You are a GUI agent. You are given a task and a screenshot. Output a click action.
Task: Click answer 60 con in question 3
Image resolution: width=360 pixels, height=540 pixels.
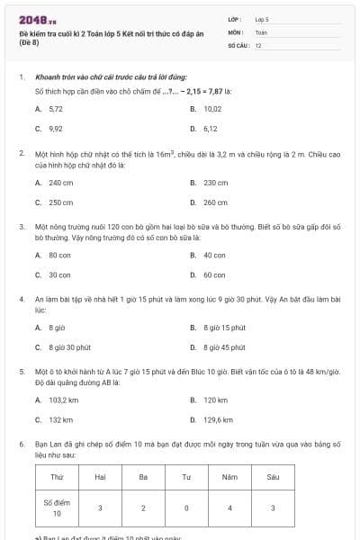(x=213, y=274)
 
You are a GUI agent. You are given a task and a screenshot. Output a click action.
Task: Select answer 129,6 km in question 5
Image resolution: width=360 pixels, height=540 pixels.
(x=217, y=418)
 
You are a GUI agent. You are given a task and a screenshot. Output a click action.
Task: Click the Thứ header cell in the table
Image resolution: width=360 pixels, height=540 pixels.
(x=57, y=476)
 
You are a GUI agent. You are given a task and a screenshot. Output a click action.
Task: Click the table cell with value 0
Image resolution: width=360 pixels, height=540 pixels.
(x=185, y=508)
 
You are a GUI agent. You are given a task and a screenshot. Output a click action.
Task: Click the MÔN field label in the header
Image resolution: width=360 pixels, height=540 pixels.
(x=237, y=31)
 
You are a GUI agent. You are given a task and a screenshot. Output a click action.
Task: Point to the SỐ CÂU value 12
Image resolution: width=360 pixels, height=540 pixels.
(x=258, y=44)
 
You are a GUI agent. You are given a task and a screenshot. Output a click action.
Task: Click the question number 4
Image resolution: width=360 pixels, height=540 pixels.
(x=21, y=296)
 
